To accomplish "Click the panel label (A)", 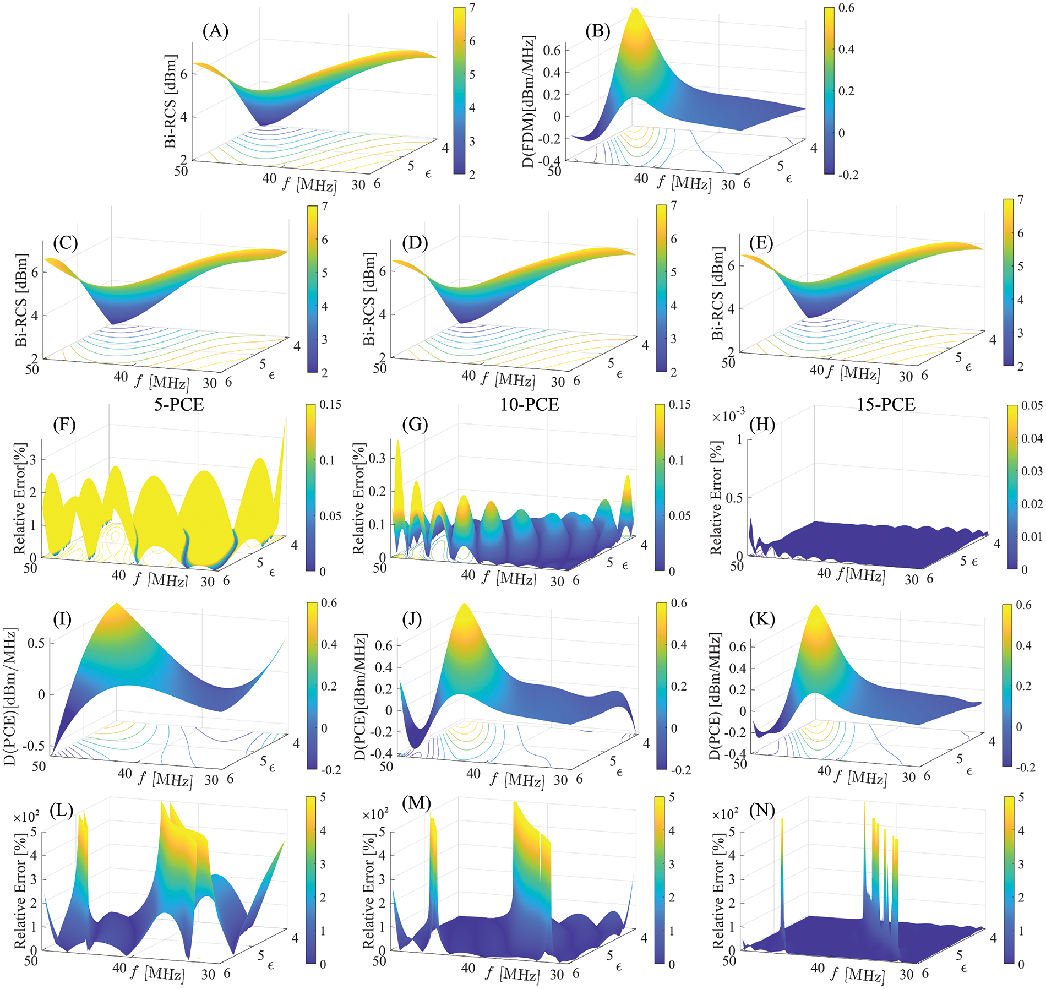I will (215, 31).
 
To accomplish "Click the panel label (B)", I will (598, 31).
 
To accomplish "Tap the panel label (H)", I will (762, 425).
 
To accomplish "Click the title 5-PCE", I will (179, 405).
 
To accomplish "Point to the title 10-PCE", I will (529, 405).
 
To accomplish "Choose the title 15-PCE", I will (886, 405).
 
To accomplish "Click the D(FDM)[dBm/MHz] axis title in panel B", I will (529, 102).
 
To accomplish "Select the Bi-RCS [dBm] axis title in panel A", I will (171, 102).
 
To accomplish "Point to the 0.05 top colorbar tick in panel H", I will (1032, 406).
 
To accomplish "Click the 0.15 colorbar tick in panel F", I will (330, 405).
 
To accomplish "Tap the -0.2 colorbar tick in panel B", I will (847, 175).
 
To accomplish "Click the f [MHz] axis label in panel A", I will (308, 182).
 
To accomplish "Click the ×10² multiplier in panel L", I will (26, 816).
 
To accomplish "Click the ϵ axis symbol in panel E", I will (968, 367).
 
